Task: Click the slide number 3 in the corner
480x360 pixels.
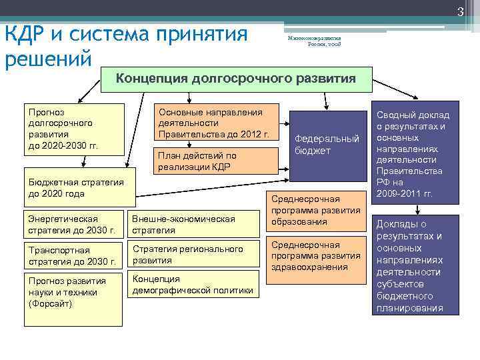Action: pyautogui.click(x=460, y=9)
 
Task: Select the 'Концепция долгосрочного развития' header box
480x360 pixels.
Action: pyautogui.click(x=236, y=79)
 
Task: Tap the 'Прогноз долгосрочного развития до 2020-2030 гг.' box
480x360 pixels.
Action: pyautogui.click(x=73, y=129)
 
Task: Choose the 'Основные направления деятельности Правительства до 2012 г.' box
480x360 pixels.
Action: pyautogui.click(x=217, y=123)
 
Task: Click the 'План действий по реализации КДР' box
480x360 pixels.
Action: pyautogui.click(x=217, y=161)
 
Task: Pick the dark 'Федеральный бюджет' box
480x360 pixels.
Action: pyautogui.click(x=327, y=144)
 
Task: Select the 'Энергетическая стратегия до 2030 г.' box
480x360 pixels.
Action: pyautogui.click(x=73, y=225)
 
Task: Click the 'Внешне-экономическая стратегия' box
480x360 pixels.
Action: pyautogui.click(x=193, y=225)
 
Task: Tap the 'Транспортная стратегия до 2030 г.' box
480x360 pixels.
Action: pyautogui.click(x=73, y=255)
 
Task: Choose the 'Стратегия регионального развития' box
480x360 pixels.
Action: pyautogui.click(x=193, y=255)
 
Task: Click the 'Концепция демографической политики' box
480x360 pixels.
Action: pyautogui.click(x=193, y=284)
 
